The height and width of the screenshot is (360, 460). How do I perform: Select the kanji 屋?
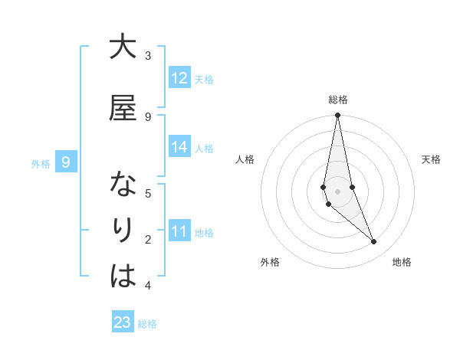[123, 109]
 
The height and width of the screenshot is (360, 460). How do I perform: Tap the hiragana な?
[123, 185]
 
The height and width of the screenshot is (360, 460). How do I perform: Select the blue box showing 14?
[179, 147]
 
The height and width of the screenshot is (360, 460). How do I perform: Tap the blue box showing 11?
[179, 231]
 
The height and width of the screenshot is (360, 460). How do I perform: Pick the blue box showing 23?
[123, 322]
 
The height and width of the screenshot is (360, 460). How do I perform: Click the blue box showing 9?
[66, 162]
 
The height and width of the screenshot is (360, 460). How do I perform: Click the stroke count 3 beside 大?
[148, 55]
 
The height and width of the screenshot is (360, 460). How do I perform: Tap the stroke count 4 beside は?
[148, 286]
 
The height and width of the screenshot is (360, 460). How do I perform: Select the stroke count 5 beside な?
[148, 193]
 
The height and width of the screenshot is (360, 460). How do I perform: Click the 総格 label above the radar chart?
[338, 100]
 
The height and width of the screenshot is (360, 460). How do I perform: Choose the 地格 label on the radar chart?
[402, 262]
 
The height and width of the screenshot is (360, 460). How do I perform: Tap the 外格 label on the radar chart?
[270, 262]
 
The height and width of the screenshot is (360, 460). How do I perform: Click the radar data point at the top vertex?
[337, 116]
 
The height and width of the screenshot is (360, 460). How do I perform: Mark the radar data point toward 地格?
[374, 242]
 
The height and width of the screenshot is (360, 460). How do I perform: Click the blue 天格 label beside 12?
[204, 79]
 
